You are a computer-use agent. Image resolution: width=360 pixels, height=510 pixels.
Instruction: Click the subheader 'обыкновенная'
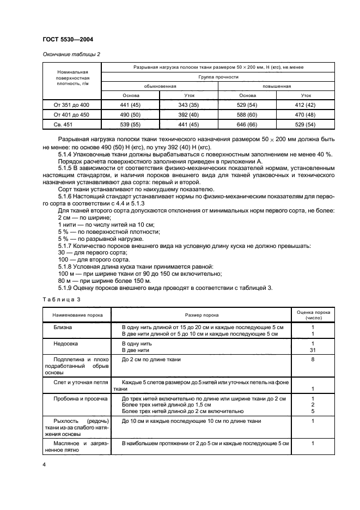160,86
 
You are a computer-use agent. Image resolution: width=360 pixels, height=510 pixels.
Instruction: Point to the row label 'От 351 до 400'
71,105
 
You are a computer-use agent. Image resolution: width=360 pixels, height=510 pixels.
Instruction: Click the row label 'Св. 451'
71,124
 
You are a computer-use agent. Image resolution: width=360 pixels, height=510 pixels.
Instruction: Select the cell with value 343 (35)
189,105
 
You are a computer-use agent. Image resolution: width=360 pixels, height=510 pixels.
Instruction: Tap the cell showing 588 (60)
247,114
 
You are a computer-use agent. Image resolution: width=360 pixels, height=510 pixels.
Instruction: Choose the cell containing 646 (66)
247,124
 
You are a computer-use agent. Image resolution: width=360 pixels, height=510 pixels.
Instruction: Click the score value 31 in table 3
313,350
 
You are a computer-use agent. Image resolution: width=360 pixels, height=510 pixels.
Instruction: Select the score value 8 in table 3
313,360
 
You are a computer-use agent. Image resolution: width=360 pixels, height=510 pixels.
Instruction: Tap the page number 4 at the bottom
44,464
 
